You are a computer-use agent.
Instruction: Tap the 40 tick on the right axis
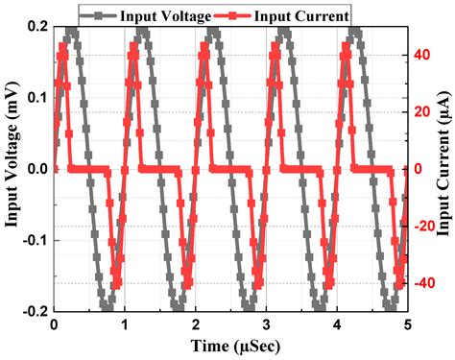(x=423, y=55)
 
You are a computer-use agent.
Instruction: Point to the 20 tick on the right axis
(x=423, y=111)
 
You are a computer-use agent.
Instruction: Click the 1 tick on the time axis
(x=124, y=324)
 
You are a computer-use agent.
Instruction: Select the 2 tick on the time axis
(x=195, y=324)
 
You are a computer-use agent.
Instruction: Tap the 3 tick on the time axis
(x=266, y=324)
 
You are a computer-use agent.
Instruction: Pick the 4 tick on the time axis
(x=337, y=324)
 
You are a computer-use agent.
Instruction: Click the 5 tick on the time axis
(x=408, y=324)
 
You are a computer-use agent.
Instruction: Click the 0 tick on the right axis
(x=419, y=169)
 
